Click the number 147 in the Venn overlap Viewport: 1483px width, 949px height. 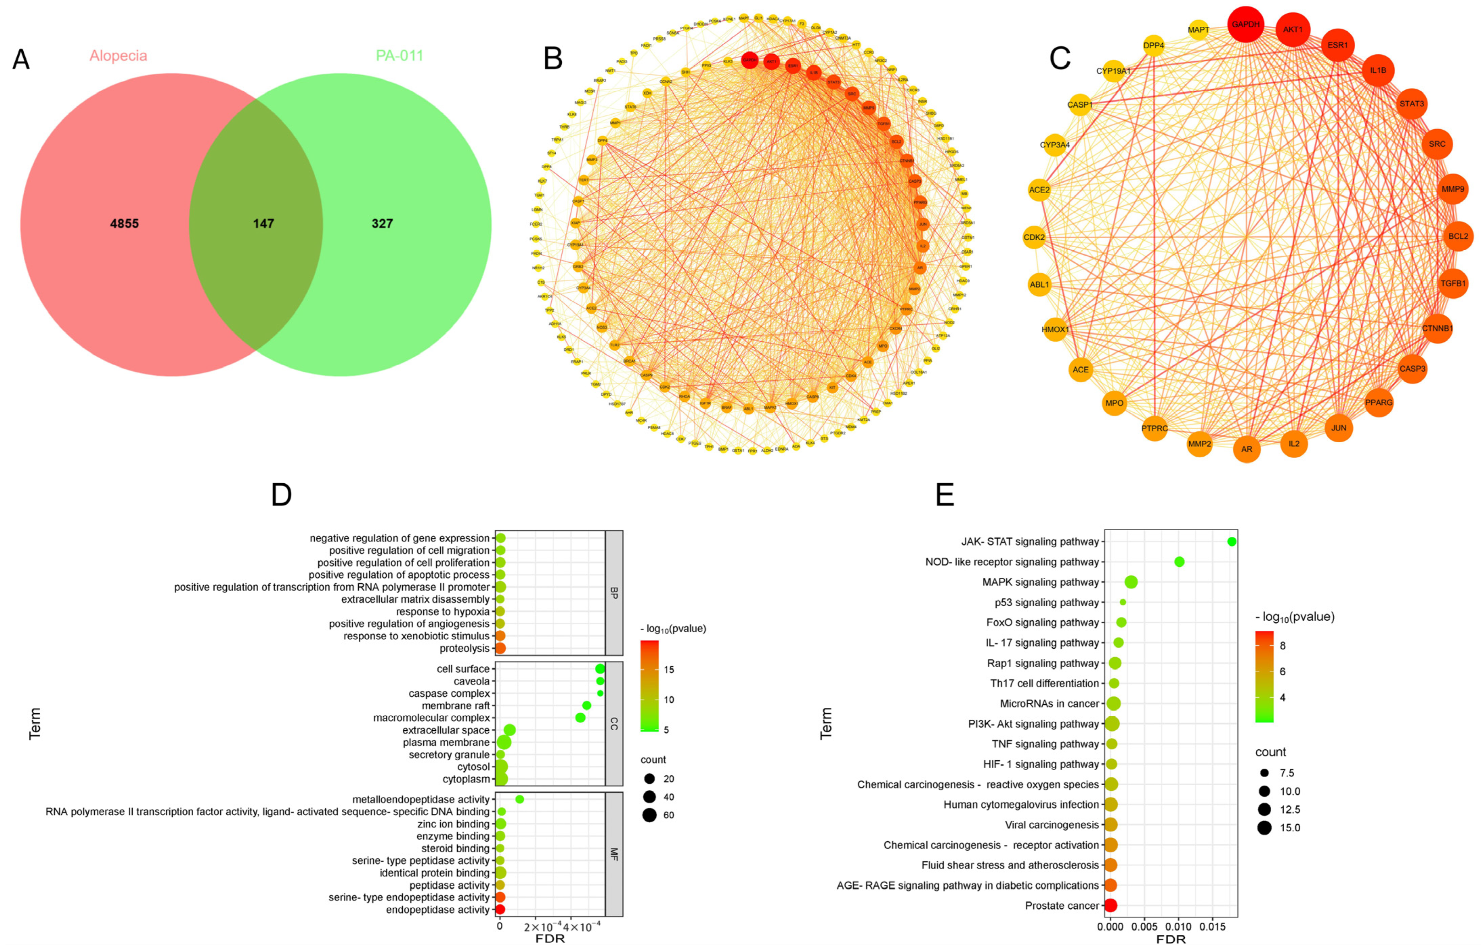click(x=263, y=224)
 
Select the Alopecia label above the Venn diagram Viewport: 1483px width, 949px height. click(x=118, y=56)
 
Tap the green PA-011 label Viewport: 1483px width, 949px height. click(x=399, y=56)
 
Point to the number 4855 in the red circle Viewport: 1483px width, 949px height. click(x=124, y=224)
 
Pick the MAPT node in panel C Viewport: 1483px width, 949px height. click(x=1198, y=30)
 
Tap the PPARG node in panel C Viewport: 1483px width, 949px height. click(x=1378, y=403)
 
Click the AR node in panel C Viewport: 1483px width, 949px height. click(x=1246, y=449)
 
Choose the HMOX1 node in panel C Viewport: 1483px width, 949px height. click(x=1055, y=330)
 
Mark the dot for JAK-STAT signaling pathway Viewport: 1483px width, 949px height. click(x=1231, y=542)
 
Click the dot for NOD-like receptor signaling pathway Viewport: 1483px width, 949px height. click(x=1179, y=562)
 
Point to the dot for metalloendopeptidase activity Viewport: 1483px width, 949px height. click(x=520, y=799)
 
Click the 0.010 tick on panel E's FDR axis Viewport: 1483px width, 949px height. click(x=1178, y=926)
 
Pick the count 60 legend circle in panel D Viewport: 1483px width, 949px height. click(x=649, y=815)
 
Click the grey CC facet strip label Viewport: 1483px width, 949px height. click(x=614, y=723)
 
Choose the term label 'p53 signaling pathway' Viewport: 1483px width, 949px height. click(x=1046, y=602)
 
